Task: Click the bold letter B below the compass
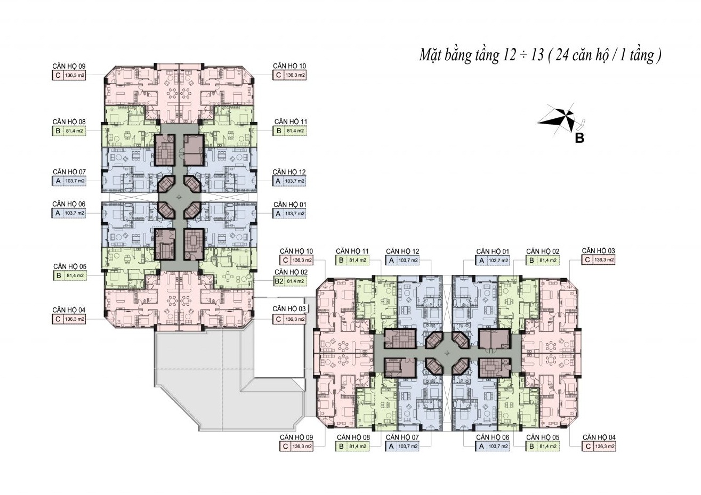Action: [x=579, y=138]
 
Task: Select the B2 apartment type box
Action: [x=279, y=281]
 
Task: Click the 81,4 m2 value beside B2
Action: [x=295, y=281]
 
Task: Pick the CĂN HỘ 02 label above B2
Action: [x=291, y=272]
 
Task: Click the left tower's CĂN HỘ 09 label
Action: [x=69, y=66]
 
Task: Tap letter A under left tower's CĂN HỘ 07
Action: [x=58, y=181]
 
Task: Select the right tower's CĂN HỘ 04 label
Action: [x=599, y=437]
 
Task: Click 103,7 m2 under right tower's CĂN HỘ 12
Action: [x=408, y=261]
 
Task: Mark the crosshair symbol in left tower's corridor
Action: [x=179, y=197]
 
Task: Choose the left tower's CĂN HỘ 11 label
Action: [x=291, y=121]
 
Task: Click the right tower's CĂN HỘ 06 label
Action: [x=493, y=437]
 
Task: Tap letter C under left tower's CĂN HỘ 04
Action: [x=58, y=319]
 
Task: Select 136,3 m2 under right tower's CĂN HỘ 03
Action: [x=604, y=260]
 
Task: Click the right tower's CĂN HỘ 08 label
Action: [x=353, y=437]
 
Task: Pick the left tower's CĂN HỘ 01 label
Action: [x=290, y=205]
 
